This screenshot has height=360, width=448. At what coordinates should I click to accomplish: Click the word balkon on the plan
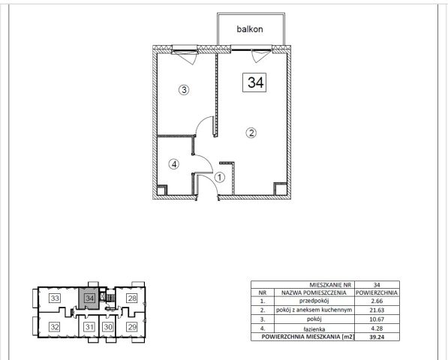pos(250,29)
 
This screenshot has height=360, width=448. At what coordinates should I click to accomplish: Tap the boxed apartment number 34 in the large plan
pos(254,82)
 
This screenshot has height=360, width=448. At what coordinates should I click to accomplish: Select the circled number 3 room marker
pos(184,90)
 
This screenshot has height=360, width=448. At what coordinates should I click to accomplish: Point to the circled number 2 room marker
pos(251,133)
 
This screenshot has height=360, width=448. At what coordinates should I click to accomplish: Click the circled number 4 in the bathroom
pos(174,164)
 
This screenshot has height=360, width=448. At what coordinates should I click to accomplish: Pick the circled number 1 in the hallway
pos(220,178)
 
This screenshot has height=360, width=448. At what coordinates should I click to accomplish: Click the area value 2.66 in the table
pos(377,301)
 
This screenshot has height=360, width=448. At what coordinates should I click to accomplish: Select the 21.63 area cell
pos(377,310)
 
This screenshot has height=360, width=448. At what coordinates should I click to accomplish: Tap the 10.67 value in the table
pos(377,319)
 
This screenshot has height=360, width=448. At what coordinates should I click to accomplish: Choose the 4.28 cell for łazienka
pos(377,328)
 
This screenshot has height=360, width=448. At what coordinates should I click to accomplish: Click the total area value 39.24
pos(377,337)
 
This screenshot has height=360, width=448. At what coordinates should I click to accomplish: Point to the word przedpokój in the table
pos(314,301)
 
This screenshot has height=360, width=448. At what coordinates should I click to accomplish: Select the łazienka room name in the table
pos(314,329)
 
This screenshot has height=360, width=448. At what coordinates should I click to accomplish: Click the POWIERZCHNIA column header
pos(377,292)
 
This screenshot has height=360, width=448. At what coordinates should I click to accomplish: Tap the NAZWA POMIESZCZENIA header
pos(314,292)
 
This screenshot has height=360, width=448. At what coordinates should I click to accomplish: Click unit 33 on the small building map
pos(55,298)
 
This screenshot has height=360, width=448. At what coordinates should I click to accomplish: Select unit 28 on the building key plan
pos(132,298)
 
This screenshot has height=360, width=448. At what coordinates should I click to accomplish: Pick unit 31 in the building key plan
pos(89,326)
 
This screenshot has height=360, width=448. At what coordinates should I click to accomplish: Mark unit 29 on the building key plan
pos(132,326)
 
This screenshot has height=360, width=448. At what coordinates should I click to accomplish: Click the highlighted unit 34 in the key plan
pos(89,298)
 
